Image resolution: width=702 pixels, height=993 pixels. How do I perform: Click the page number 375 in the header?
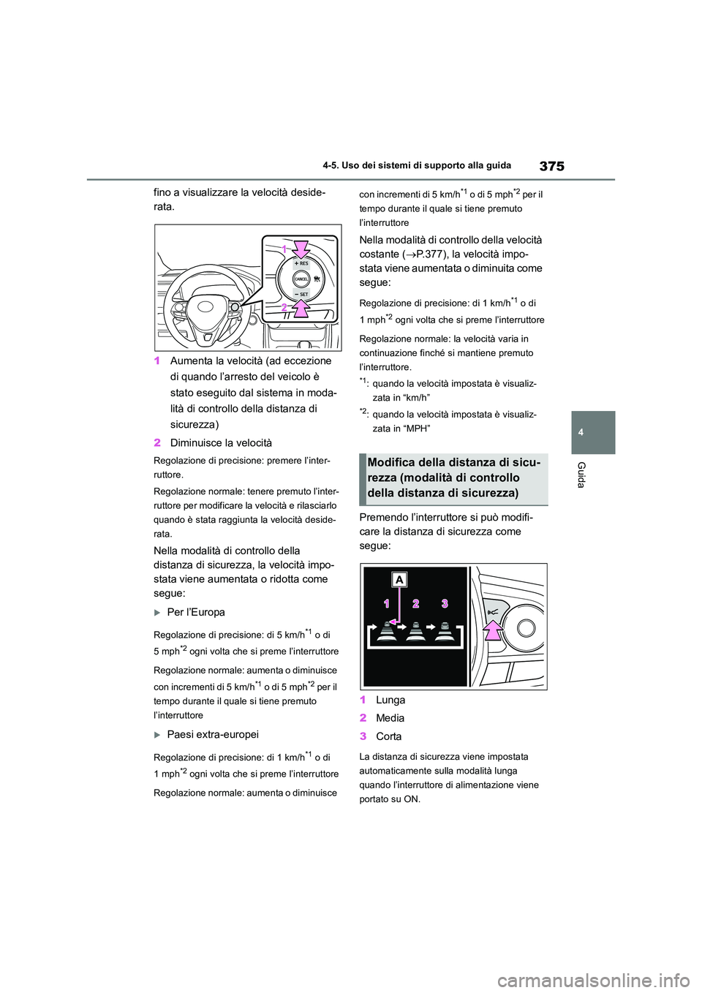click(551, 166)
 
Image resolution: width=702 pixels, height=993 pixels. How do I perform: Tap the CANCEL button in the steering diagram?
click(301, 279)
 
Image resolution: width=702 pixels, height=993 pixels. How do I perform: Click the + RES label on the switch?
click(301, 263)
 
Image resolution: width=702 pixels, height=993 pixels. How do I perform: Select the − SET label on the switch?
click(301, 294)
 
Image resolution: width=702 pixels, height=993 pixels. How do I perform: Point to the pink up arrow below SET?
click(301, 309)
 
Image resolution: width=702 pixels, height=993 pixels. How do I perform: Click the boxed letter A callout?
click(400, 580)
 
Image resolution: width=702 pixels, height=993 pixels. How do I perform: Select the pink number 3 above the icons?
click(444, 603)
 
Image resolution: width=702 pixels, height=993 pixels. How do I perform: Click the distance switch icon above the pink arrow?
click(494, 611)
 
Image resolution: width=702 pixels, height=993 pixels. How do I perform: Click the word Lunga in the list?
click(390, 700)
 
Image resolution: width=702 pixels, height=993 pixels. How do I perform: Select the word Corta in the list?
click(389, 736)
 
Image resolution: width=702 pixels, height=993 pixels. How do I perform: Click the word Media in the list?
click(390, 718)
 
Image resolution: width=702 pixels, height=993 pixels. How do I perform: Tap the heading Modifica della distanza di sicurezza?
click(454, 477)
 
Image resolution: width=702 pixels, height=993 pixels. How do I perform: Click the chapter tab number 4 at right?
click(581, 432)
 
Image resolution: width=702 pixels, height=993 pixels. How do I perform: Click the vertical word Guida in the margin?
click(581, 475)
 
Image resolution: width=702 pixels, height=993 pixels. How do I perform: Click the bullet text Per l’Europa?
click(196, 612)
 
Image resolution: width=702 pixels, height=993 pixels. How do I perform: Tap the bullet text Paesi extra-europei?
click(213, 734)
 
